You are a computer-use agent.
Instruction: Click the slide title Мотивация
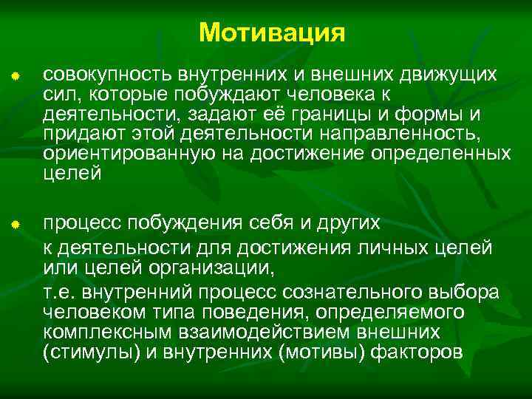click(272, 33)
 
